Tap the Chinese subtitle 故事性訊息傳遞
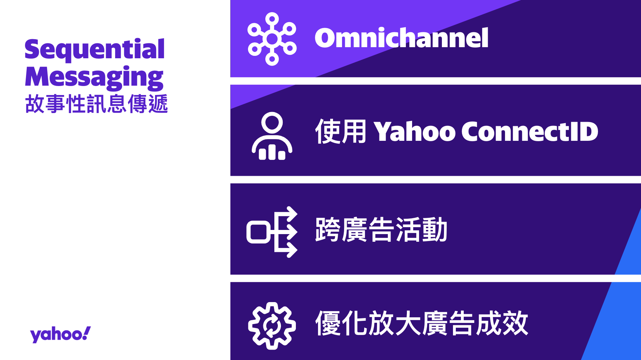(x=96, y=104)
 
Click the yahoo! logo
(x=60, y=334)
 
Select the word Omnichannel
(x=401, y=38)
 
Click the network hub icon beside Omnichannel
(x=272, y=39)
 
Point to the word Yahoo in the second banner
(x=414, y=132)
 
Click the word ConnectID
(x=530, y=132)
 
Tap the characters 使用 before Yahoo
(x=341, y=131)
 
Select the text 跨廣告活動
(x=381, y=230)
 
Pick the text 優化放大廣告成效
(x=421, y=323)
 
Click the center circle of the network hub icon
(x=272, y=39)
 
